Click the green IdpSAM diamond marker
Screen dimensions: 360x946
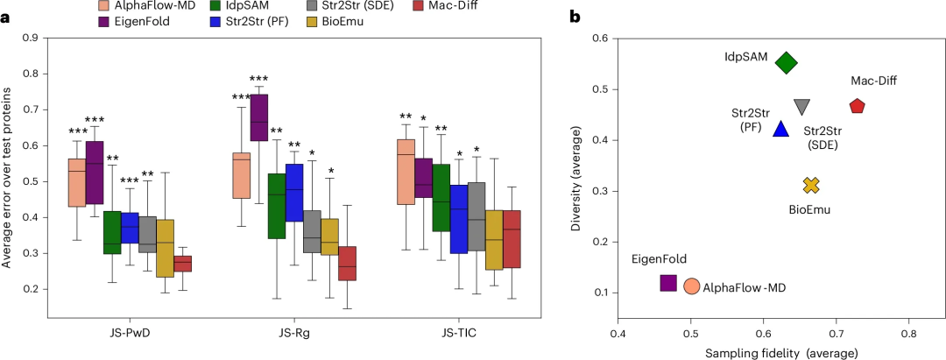(x=786, y=62)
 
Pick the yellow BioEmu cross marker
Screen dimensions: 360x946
(x=811, y=185)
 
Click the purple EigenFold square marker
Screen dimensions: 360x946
(x=668, y=283)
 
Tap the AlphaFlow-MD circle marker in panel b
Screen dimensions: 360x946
(x=691, y=286)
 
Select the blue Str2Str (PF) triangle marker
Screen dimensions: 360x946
(x=782, y=130)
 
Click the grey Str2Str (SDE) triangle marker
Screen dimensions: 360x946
(x=801, y=107)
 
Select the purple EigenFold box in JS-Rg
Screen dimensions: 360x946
(x=259, y=117)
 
